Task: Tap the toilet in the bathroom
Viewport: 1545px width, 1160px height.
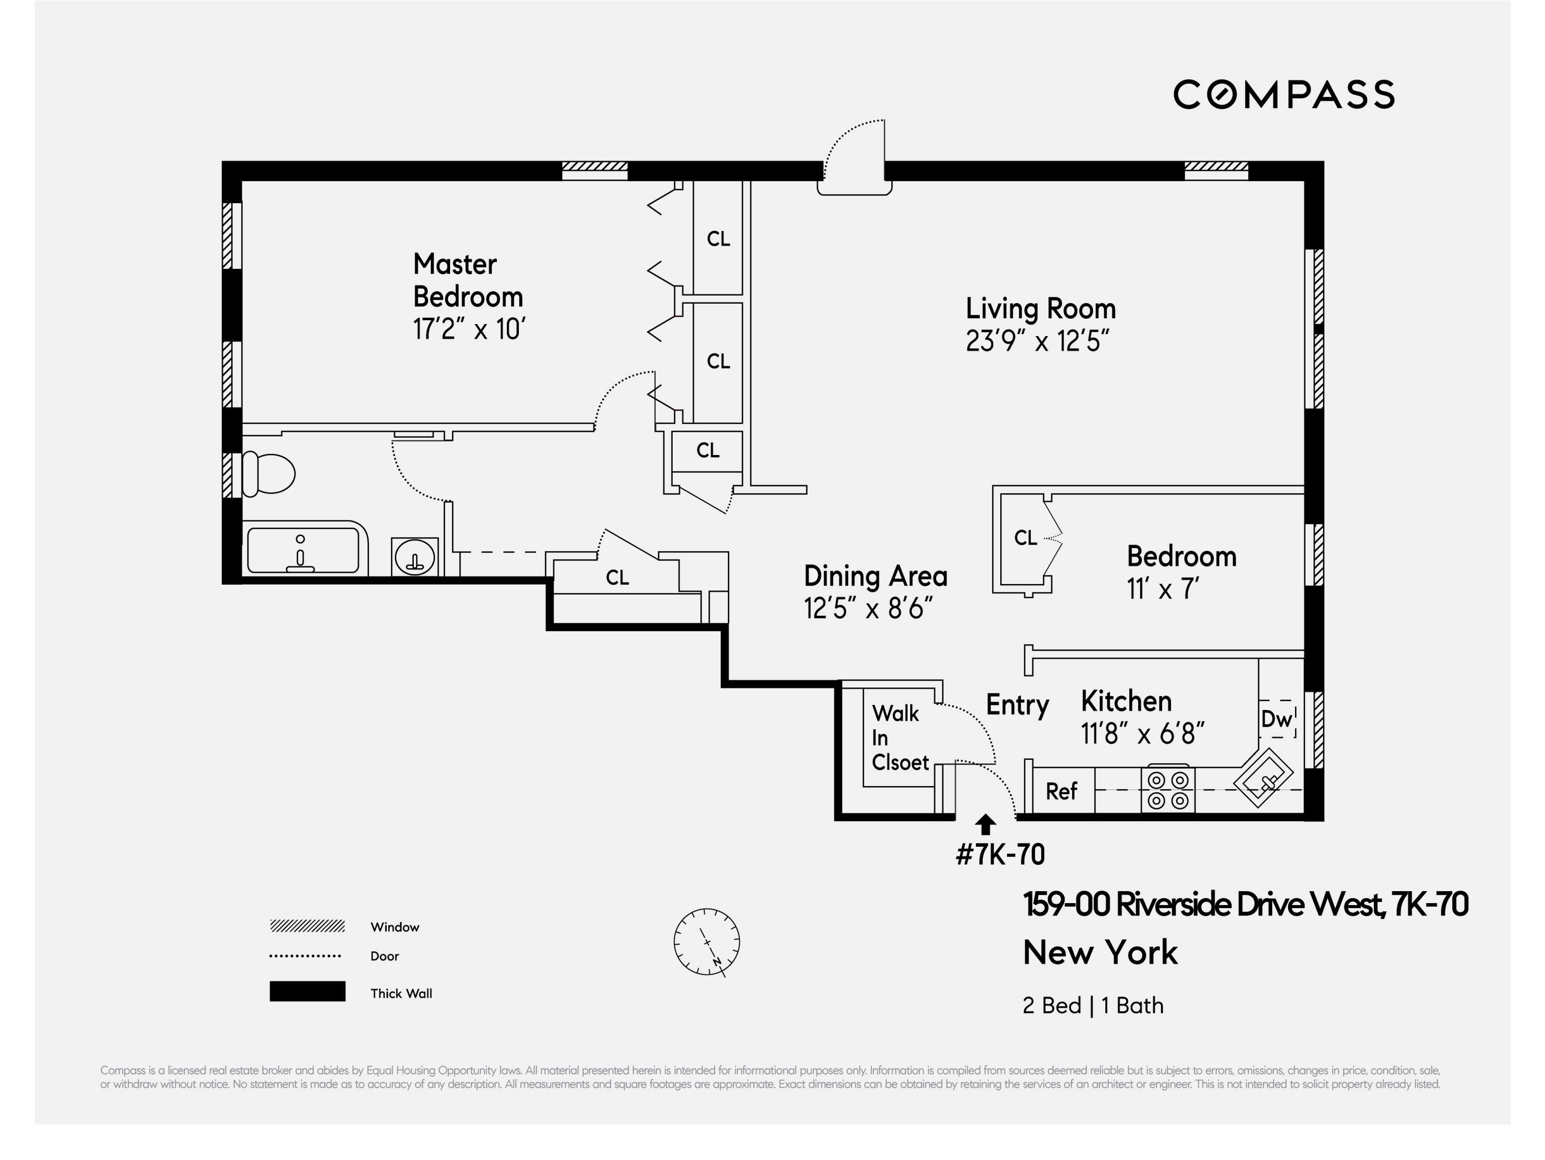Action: click(269, 474)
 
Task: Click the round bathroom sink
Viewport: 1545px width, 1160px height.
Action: click(415, 557)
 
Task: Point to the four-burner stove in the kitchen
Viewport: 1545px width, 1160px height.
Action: click(1168, 789)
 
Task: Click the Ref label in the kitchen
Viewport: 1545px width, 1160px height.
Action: click(1061, 791)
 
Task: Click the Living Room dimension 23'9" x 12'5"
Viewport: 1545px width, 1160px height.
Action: click(1037, 342)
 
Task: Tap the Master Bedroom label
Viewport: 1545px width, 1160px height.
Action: click(467, 281)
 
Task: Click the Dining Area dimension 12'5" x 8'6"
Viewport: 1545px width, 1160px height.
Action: click(867, 608)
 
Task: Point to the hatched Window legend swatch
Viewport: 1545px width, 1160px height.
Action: click(307, 926)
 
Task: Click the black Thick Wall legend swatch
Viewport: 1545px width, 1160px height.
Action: click(307, 991)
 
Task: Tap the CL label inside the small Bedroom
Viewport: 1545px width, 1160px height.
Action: click(1025, 538)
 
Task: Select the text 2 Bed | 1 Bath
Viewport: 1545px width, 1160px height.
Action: click(1092, 1006)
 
